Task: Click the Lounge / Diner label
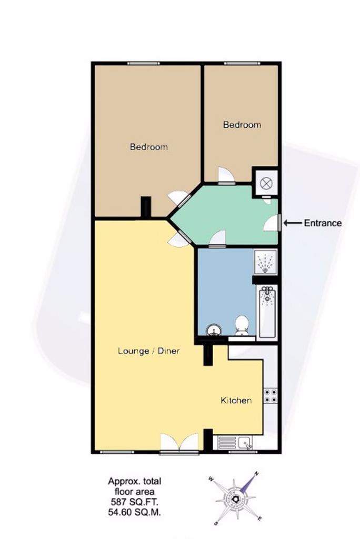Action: [148, 351]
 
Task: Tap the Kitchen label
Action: [236, 401]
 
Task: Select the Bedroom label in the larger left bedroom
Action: [149, 147]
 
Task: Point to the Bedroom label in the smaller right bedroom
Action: [242, 124]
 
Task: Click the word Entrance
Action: [323, 223]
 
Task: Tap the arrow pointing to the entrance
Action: [293, 223]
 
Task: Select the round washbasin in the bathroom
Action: [214, 331]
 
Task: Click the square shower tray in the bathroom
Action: [265, 262]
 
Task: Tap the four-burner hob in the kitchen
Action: [270, 396]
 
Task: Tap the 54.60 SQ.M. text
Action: [134, 513]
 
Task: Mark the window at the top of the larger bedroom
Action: [143, 63]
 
